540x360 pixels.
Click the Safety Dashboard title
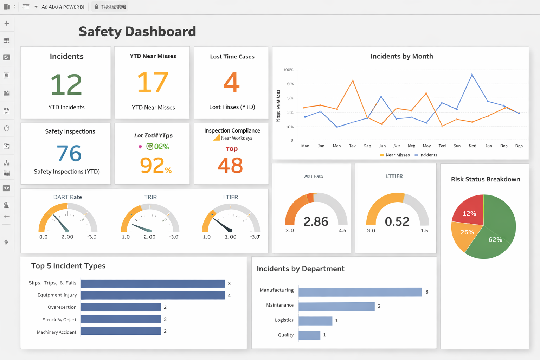[137, 32]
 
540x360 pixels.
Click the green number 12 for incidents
[66, 85]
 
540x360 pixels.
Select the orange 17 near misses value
[153, 82]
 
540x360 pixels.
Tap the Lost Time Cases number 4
[231, 82]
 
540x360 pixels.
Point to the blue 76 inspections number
[69, 153]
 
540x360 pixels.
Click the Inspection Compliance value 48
[230, 166]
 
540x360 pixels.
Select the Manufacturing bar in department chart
[360, 292]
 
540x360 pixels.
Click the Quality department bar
[309, 335]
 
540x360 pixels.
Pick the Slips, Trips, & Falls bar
[153, 283]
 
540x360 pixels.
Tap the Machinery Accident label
[57, 332]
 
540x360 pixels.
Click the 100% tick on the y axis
[288, 70]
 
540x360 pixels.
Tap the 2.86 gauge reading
[316, 221]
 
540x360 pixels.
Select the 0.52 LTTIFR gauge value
[397, 221]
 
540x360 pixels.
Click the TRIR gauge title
[150, 197]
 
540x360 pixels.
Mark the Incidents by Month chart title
[401, 56]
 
